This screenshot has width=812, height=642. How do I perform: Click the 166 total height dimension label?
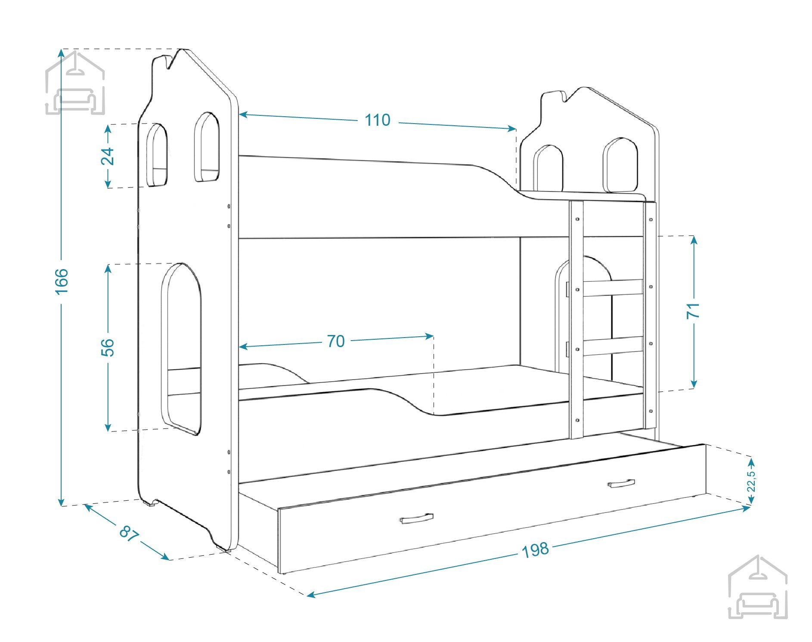(62, 281)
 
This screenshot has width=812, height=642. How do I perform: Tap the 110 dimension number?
(378, 120)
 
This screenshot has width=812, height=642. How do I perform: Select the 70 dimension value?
(336, 341)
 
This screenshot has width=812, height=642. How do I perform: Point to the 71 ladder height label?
(693, 310)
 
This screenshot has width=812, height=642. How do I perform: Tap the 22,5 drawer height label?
(751, 481)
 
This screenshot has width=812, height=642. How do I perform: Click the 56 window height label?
(108, 347)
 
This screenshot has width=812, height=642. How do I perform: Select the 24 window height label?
(108, 156)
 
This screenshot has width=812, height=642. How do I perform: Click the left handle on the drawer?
(416, 518)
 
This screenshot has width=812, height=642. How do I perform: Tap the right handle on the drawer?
(621, 484)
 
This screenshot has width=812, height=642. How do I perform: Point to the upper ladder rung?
(613, 288)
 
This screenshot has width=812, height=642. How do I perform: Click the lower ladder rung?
(613, 346)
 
